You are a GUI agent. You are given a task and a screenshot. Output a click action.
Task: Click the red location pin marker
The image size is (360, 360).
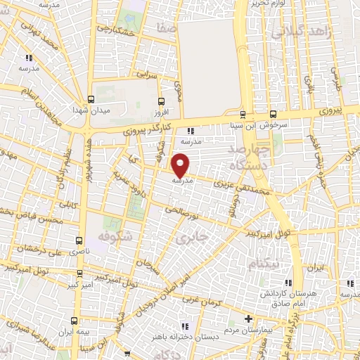[x=181, y=165]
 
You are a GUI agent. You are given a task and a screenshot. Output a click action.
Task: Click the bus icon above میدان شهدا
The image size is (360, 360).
[x=91, y=99]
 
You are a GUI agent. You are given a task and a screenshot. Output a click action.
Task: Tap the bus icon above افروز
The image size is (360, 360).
[x=162, y=101]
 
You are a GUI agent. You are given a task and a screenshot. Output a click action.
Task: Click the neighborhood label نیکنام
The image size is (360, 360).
[x=267, y=262]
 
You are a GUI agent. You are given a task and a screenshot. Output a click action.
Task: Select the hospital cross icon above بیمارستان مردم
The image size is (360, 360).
[x=247, y=318]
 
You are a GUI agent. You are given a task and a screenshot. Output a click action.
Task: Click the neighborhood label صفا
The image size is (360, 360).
[x=167, y=30]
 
